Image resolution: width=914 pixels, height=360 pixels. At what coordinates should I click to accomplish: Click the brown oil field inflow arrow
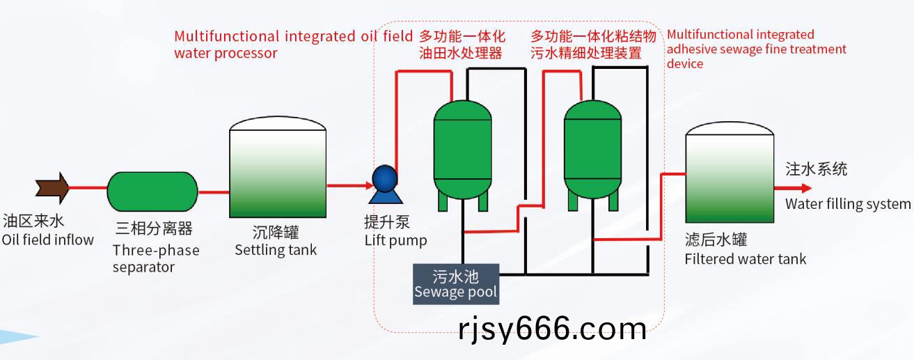[53, 188]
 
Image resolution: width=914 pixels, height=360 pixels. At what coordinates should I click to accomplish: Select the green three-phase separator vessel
[152, 191]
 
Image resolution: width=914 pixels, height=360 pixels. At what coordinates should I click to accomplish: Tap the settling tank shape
[278, 167]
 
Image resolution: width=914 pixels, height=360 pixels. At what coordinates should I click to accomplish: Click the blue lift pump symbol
[385, 184]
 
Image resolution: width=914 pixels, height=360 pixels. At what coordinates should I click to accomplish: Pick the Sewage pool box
[456, 284]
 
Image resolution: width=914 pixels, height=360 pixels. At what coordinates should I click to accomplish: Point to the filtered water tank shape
[730, 172]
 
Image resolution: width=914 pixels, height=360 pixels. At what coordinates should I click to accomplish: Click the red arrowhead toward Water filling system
[806, 188]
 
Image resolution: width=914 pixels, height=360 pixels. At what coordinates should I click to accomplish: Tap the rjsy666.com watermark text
[553, 329]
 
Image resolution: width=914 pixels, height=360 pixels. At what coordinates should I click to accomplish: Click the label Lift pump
[395, 240]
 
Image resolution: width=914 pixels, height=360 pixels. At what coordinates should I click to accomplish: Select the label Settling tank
[276, 250]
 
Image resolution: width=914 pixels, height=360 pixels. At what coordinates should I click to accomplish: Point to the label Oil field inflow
[48, 240]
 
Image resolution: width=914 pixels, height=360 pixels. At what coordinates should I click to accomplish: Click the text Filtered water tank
[746, 259]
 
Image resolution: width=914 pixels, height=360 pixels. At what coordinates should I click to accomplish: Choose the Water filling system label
[848, 203]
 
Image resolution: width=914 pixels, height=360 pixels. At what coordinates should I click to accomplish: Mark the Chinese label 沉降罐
[276, 233]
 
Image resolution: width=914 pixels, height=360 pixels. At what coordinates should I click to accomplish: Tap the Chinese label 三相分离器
[154, 228]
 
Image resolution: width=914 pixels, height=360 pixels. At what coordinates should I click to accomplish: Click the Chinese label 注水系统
[817, 169]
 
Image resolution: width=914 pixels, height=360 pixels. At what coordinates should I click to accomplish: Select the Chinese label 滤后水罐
[716, 240]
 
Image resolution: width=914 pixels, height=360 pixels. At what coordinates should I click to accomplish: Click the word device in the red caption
[685, 63]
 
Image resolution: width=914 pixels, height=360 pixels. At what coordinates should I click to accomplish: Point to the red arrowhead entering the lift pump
[369, 186]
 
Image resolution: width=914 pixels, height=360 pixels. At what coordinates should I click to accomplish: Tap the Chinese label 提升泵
[387, 222]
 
